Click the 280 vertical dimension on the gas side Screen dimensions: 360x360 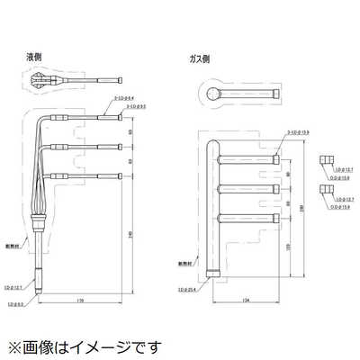(x=303, y=209)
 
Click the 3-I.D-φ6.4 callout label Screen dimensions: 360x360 (x=123, y=98)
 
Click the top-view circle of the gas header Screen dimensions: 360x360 (x=209, y=92)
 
